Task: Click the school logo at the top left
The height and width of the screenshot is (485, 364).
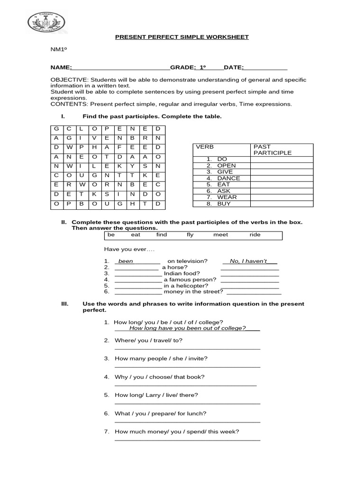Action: pos(47,22)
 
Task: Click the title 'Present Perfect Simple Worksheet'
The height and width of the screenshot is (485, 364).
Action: pos(182,37)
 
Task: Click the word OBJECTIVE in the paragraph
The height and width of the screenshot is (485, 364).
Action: pos(69,80)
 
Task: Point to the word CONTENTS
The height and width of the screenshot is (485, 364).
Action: pos(69,104)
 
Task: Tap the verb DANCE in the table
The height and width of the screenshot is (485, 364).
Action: pos(228,178)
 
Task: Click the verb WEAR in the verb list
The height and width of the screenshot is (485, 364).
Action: pos(227,197)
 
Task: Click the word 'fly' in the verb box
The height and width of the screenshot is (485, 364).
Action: pos(190,235)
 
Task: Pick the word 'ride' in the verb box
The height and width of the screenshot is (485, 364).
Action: pos(255,235)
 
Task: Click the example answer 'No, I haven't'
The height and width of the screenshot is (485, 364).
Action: pos(248,261)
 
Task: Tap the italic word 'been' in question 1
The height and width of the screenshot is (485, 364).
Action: pos(126,261)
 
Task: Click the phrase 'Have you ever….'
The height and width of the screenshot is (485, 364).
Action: pos(129,249)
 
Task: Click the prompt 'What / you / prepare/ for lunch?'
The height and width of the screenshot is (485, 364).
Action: pos(160,413)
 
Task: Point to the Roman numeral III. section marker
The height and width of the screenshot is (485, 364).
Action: pos(65,304)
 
